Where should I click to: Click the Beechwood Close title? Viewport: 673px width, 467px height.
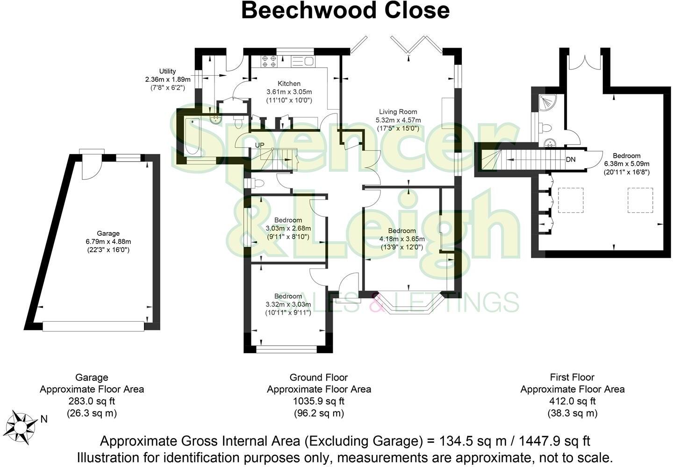coord(345,10)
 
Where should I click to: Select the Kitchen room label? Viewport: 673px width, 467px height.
coord(289,84)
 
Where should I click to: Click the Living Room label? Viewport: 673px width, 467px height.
coord(398,112)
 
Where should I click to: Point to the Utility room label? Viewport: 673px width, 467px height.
coord(167,71)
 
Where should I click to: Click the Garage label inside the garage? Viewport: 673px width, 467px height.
coord(108,233)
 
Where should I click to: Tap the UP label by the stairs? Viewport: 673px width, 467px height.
coord(260,145)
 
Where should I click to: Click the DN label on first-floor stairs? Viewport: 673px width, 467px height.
coord(570,159)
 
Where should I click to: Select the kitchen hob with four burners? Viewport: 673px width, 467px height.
coord(269,62)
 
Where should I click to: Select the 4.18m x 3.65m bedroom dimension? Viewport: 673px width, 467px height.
coord(402,239)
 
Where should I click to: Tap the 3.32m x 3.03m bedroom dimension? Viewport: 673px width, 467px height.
coord(288,304)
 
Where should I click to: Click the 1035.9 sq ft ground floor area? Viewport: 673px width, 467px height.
coord(319,401)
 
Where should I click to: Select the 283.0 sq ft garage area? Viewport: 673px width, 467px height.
coord(92,401)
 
